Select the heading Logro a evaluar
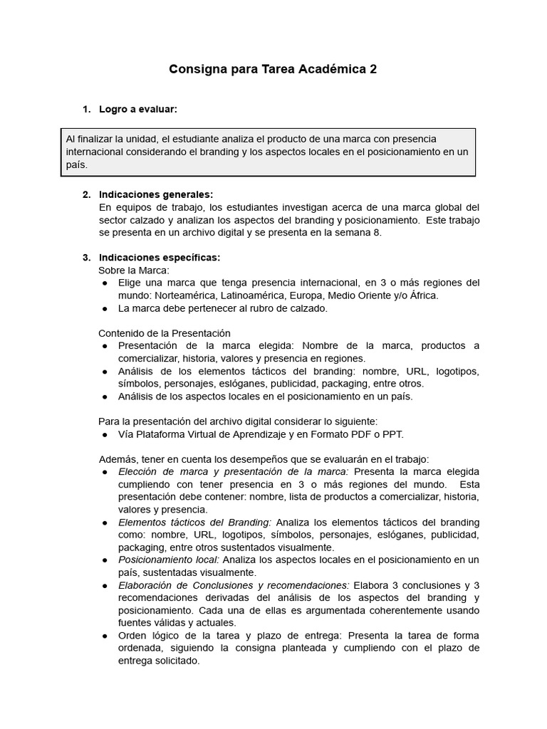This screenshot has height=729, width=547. [137, 109]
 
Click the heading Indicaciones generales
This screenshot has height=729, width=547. [156, 194]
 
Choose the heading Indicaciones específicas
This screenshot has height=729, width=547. [160, 257]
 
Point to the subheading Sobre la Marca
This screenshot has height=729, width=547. [133, 270]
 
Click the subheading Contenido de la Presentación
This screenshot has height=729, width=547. [164, 332]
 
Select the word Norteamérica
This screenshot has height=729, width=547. [183, 295]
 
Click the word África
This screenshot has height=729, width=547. [423, 295]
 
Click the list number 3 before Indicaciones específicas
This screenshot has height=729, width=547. [85, 257]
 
